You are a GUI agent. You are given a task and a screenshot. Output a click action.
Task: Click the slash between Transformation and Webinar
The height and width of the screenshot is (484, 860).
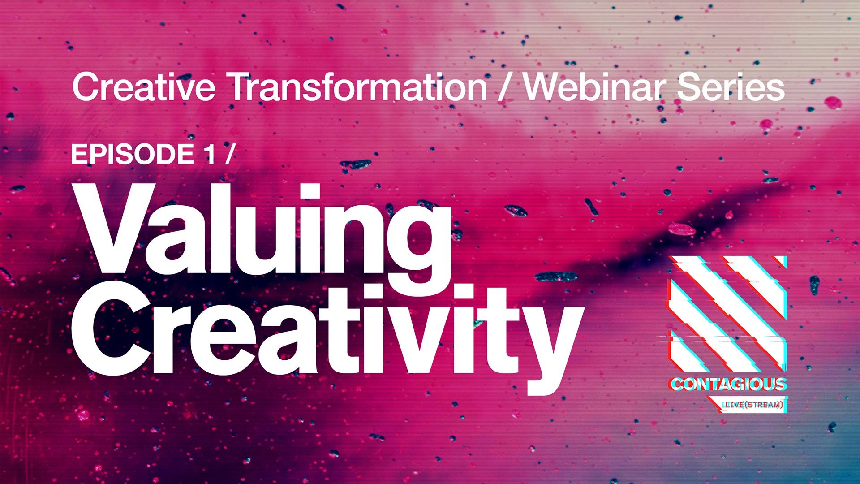[x=505, y=87]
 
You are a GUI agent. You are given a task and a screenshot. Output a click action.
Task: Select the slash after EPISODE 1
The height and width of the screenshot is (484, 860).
[x=229, y=155]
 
